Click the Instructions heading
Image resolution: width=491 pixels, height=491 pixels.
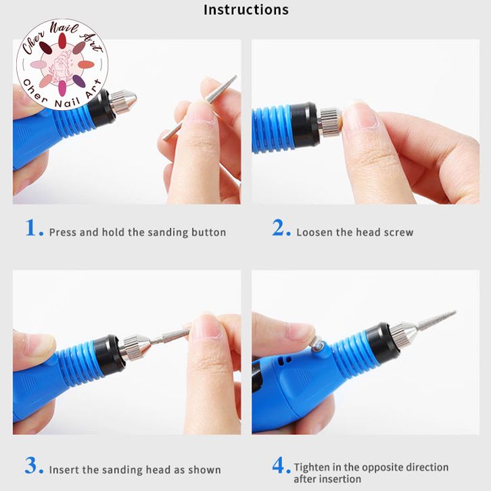246,9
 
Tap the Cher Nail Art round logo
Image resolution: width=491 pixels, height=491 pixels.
62,64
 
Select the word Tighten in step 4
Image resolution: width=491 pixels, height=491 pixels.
312,467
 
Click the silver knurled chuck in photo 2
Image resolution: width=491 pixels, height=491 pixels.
329,122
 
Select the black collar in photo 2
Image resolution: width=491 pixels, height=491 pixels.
304,124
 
